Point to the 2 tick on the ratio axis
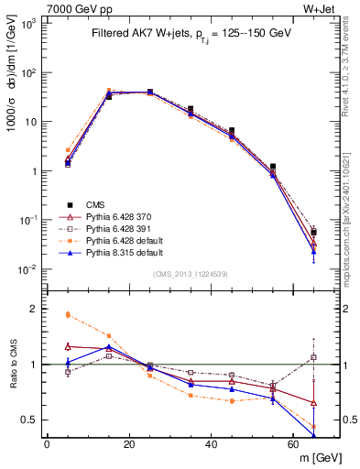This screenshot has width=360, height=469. (x=33, y=309)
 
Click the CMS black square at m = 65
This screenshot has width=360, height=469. (x=314, y=233)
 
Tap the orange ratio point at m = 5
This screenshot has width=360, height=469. (x=68, y=314)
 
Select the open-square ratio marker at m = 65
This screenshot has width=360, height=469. (x=314, y=357)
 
